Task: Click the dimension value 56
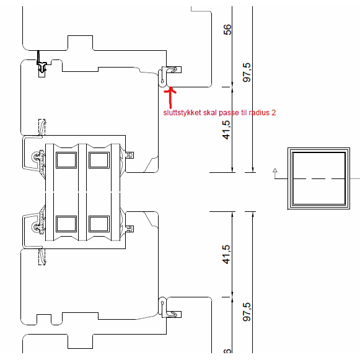227,30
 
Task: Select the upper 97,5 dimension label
247,72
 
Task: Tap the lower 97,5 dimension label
247,312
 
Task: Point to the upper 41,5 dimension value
226,130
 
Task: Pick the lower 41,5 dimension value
226,255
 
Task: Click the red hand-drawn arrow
170,97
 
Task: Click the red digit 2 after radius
273,113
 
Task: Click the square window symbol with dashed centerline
319,178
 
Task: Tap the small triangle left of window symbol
275,170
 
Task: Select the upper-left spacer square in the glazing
66,160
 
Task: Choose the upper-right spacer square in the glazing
99,160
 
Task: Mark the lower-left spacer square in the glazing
66,224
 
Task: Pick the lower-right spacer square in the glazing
99,224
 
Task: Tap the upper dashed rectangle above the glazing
42,127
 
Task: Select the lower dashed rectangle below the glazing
42,257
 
